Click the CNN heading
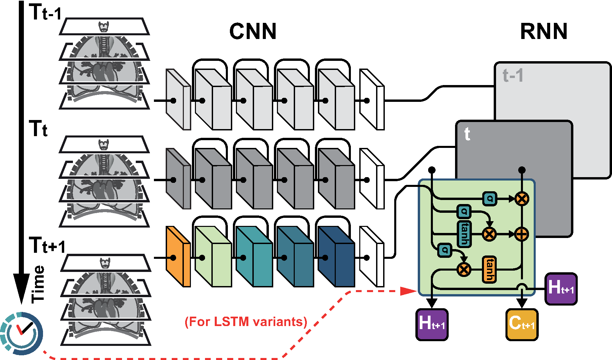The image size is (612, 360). [x=253, y=32]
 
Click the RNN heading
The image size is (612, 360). [x=543, y=32]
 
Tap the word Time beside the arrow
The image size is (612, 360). [x=38, y=284]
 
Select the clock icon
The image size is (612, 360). [x=22, y=333]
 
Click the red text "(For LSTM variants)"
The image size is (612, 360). [x=246, y=322]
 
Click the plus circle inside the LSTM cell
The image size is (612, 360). [x=522, y=234]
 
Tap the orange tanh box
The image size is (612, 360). [x=490, y=269]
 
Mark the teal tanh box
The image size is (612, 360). [x=464, y=234]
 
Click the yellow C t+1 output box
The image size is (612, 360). [x=522, y=324]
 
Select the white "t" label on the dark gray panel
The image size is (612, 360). [x=467, y=134]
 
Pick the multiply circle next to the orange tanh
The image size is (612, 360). [x=464, y=269]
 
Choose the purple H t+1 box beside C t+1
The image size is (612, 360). [x=432, y=324]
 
